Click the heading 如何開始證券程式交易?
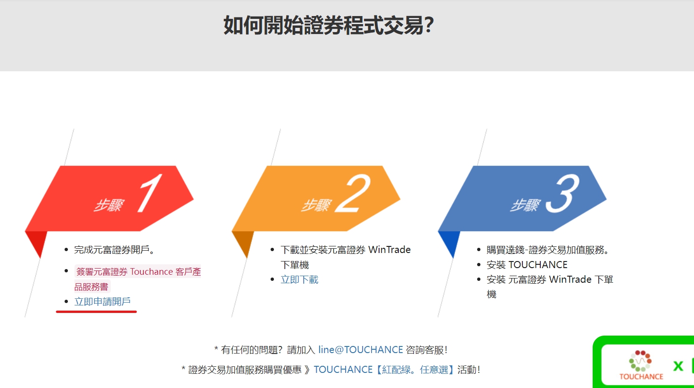(329, 25)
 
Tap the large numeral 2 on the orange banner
(353, 193)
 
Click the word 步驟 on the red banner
(109, 205)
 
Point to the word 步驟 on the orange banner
(316, 205)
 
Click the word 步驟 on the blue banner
(525, 205)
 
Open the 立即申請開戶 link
(102, 302)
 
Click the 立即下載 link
(299, 279)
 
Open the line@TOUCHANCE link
(361, 350)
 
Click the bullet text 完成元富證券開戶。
(114, 250)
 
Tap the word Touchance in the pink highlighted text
(151, 272)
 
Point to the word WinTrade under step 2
(389, 250)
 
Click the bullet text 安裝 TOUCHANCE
(527, 264)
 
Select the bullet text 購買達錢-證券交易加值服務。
(547, 250)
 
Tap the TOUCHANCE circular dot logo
(640, 361)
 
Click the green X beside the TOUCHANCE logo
(678, 366)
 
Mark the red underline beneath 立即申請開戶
(96, 312)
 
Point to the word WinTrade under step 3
(570, 279)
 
